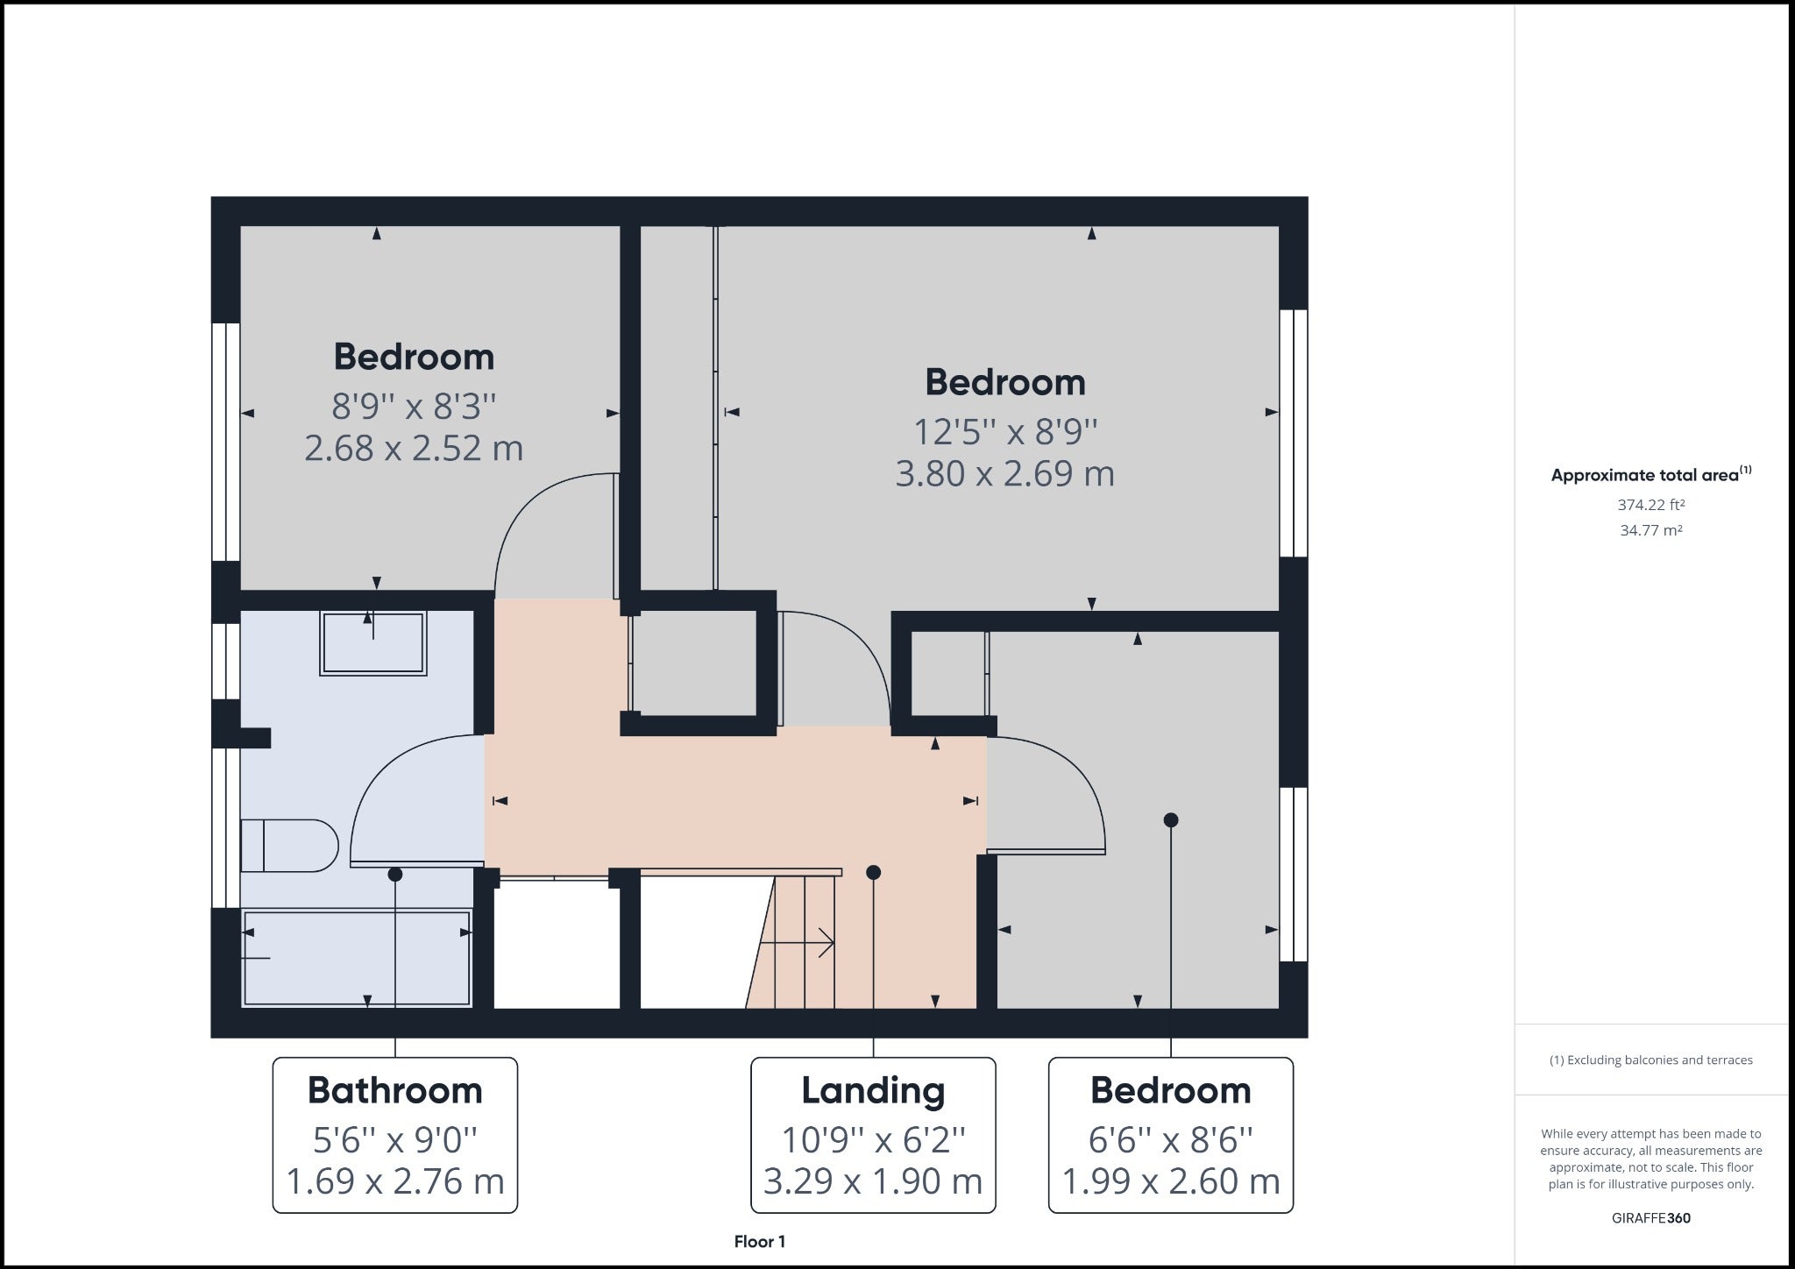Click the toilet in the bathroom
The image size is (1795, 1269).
(x=289, y=846)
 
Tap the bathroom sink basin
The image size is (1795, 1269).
(x=373, y=643)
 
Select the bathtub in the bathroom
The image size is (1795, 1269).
(x=357, y=957)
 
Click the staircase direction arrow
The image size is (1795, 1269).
(x=797, y=943)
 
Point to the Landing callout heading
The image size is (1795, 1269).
(x=873, y=1090)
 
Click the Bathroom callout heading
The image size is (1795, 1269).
(x=395, y=1090)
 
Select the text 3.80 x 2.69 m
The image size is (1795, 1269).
(x=1004, y=474)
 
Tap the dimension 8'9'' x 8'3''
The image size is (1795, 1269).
(x=414, y=407)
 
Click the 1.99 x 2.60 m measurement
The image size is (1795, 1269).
(x=1171, y=1181)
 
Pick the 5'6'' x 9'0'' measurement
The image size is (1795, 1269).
(x=395, y=1140)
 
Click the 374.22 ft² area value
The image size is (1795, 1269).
(x=1651, y=505)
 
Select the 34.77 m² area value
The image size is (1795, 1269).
(x=1651, y=530)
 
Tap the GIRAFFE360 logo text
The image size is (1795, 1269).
(x=1651, y=1218)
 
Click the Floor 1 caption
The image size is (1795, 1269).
(x=760, y=1241)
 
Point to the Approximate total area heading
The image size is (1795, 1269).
(x=1651, y=474)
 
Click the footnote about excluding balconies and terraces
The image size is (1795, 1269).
(x=1651, y=1060)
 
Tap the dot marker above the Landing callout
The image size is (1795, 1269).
(x=873, y=872)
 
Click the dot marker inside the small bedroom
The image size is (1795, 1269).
(x=1171, y=820)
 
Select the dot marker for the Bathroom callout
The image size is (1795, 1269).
(x=395, y=874)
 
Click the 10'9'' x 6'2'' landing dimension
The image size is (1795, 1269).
(x=873, y=1140)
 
